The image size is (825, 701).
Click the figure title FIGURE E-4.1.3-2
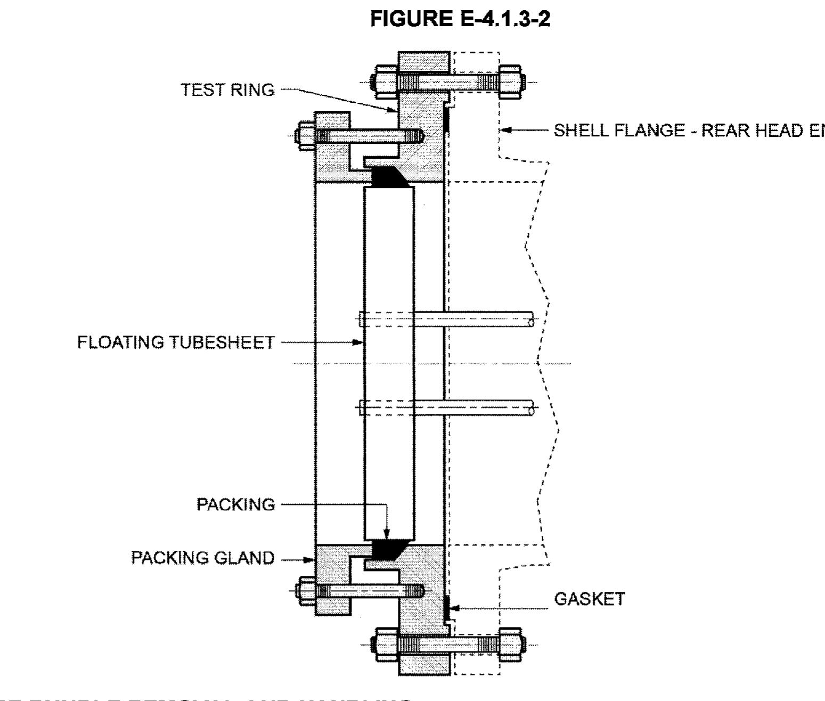460,19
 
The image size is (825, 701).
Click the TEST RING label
228,89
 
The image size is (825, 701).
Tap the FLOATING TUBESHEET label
176,342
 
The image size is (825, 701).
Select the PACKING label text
235,504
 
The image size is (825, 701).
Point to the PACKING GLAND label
203,558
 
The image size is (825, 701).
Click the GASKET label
589,599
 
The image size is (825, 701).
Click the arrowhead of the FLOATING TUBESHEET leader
358,343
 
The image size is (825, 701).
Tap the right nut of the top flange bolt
510,82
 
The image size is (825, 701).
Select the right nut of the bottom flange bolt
510,645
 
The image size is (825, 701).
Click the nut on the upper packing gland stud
307,136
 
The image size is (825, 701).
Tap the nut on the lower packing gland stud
307,591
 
